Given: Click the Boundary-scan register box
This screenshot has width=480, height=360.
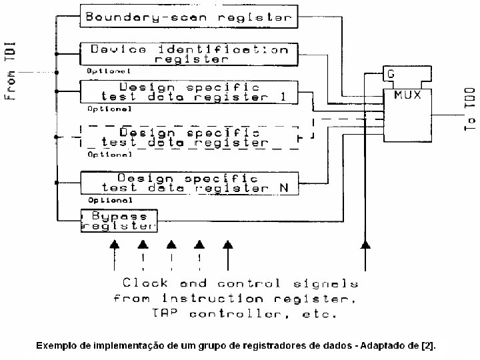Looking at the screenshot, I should [x=189, y=17].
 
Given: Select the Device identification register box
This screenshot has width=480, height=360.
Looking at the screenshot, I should [x=189, y=54].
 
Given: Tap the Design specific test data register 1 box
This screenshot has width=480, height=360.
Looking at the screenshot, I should [x=189, y=92].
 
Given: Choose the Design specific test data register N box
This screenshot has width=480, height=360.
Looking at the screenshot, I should [x=189, y=183].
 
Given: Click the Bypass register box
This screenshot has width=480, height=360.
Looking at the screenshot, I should [x=119, y=221].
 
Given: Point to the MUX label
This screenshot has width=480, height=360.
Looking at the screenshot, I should [x=407, y=95].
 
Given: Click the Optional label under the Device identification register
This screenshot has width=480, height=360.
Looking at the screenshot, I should [x=108, y=70].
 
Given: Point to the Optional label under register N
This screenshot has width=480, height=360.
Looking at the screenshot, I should [x=110, y=199].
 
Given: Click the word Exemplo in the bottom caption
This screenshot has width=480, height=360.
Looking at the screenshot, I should [x=55, y=346].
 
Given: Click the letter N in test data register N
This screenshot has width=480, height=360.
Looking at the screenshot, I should [x=283, y=188].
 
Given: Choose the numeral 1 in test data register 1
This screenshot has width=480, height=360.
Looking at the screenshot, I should [x=283, y=97].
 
